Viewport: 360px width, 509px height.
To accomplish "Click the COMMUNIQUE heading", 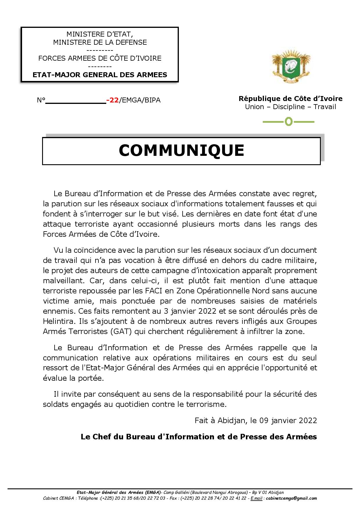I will click(x=181, y=151).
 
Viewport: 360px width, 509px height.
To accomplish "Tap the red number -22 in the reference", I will click(x=113, y=100).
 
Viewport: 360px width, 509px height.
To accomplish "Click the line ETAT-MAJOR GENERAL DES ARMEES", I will click(x=100, y=75).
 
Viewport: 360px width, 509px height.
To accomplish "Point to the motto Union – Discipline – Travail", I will click(x=290, y=107).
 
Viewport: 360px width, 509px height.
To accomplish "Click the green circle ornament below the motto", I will click(x=289, y=122).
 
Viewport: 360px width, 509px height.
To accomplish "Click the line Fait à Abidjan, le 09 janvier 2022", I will click(x=256, y=420).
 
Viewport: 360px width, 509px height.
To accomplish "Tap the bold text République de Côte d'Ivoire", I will click(x=290, y=99).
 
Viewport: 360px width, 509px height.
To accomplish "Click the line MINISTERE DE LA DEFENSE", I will click(x=100, y=42).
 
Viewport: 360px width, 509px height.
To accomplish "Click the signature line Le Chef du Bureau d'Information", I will click(x=199, y=437).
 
